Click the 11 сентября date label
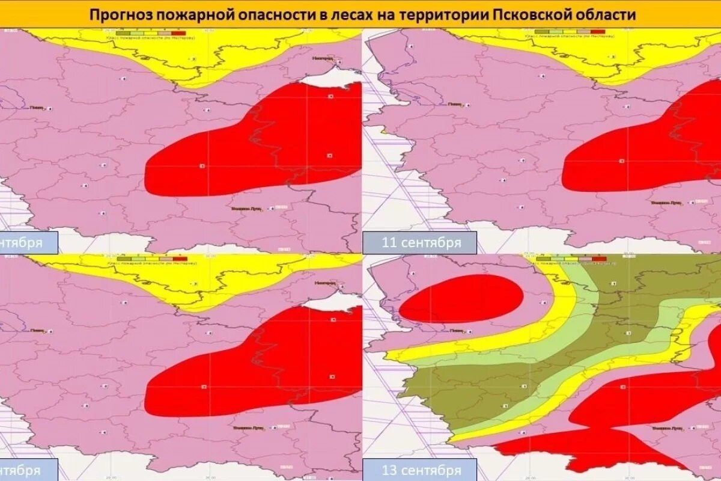point(421,243)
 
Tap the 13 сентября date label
point(421,470)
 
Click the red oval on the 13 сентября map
point(461,298)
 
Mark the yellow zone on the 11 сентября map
point(601,60)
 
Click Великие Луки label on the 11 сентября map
point(667,203)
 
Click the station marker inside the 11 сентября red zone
point(621,161)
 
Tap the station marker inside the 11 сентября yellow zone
point(613,57)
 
